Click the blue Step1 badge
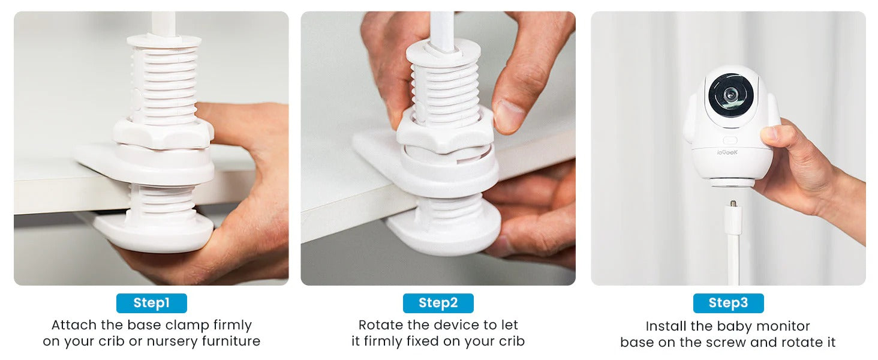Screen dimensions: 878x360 pyautogui.click(x=151, y=303)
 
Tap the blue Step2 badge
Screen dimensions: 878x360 pyautogui.click(x=438, y=303)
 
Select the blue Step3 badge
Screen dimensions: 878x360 pyautogui.click(x=728, y=303)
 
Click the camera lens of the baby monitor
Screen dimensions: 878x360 pyautogui.click(x=730, y=95)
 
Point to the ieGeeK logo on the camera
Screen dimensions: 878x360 pyautogui.click(x=727, y=152)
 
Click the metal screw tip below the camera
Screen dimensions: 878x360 pyautogui.click(x=732, y=203)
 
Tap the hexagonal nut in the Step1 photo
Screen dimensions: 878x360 pyautogui.click(x=163, y=133)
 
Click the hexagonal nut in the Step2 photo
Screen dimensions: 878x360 pyautogui.click(x=445, y=130)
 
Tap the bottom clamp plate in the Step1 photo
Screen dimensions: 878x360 pyautogui.click(x=155, y=233)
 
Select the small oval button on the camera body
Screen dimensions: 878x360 pyautogui.click(x=730, y=140)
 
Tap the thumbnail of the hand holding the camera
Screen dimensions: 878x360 pyautogui.click(x=768, y=133)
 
